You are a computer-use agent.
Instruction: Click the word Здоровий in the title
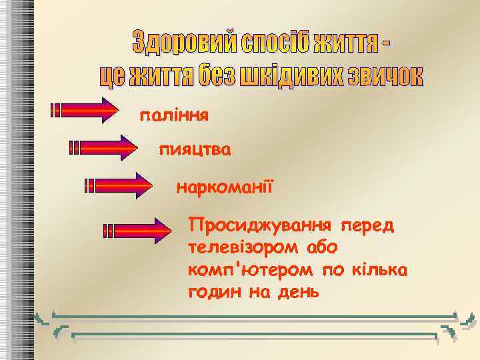(175, 44)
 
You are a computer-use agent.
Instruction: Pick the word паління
(173, 116)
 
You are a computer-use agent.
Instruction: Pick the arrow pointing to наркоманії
(119, 185)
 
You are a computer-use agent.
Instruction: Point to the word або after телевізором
(322, 247)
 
